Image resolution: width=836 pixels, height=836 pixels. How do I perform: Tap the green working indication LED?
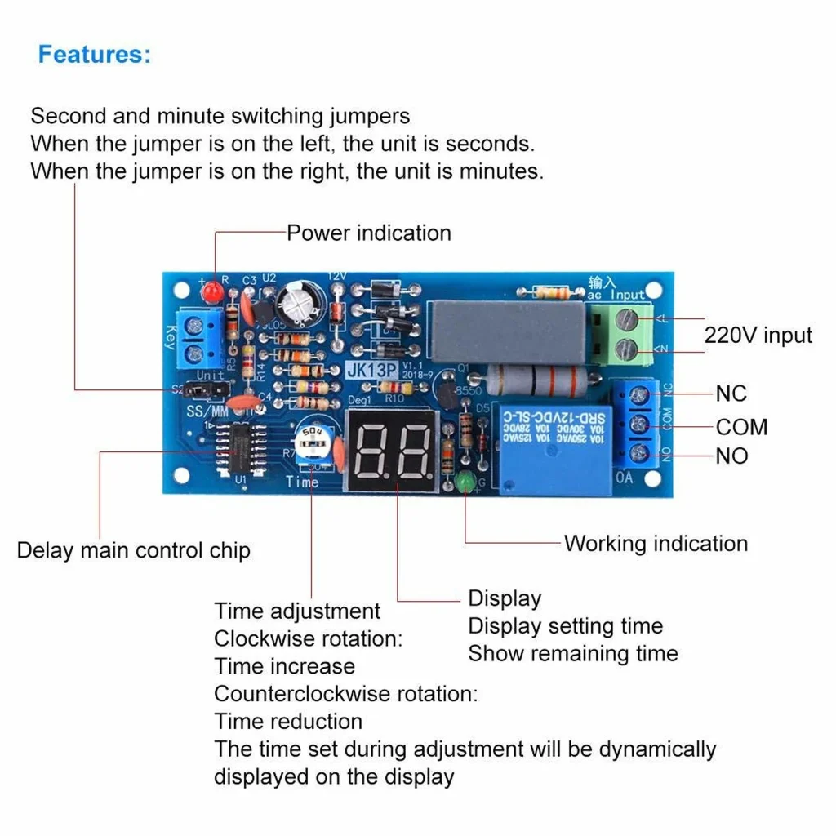pos(467,482)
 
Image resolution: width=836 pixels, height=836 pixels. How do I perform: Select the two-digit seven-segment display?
pos(394,451)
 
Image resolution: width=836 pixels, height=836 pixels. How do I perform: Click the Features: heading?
pos(95,55)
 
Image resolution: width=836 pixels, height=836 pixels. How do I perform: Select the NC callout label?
pos(731,394)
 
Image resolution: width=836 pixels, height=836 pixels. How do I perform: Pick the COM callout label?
pos(741,427)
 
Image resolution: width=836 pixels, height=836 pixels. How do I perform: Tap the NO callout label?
pos(731,456)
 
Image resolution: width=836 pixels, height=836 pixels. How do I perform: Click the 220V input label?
pos(758,336)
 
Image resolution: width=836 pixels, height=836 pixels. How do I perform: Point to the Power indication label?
pos(368,233)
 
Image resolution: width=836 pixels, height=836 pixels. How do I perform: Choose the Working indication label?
pos(656,544)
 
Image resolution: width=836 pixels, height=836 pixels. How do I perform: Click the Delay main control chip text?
pos(133,550)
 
